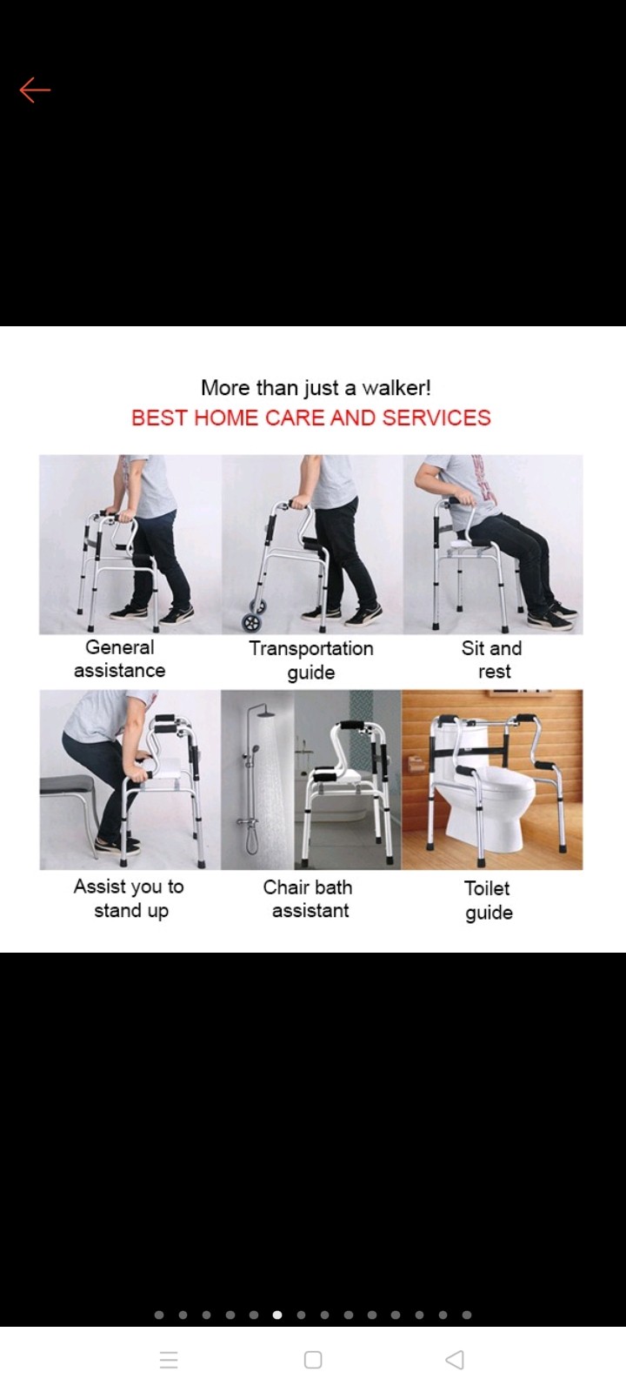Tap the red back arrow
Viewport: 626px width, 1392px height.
(35, 90)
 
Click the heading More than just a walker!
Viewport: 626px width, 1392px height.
(316, 388)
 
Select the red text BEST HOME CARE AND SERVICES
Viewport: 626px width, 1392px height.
(311, 418)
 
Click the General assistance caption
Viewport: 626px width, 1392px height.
(119, 659)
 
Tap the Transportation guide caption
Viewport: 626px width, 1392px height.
(311, 660)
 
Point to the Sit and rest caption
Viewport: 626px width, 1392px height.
(492, 659)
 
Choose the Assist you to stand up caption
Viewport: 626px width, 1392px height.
(130, 899)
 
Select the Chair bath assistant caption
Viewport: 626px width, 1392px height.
(308, 899)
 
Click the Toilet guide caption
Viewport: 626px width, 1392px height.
(488, 900)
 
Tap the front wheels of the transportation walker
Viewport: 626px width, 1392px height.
(252, 616)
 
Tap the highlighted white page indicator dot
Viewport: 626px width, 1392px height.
(277, 1315)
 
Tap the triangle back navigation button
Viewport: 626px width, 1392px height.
(456, 1359)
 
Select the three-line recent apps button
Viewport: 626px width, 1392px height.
(169, 1360)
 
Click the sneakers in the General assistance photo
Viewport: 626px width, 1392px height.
(151, 613)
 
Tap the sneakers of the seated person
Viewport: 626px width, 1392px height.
(551, 616)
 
